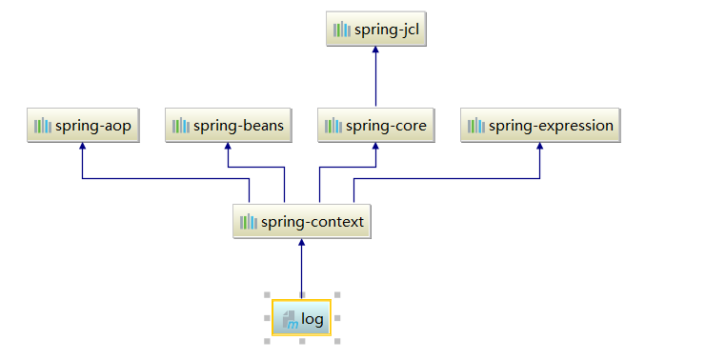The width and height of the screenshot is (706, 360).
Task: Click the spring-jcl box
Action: coord(375,30)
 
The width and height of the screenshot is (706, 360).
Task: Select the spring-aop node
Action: coord(83,126)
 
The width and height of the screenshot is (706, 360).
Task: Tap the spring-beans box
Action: coord(228,126)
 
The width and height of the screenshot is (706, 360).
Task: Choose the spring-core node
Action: coord(375,126)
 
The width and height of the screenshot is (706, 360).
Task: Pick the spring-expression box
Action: coord(540,126)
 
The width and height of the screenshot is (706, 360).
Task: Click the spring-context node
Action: coord(301,222)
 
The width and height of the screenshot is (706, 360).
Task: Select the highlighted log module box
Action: coord(301,319)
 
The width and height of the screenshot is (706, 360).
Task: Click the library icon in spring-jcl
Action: coord(341,30)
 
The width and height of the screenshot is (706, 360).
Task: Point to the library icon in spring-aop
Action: coord(42,126)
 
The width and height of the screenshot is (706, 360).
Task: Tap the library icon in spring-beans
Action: coord(180,126)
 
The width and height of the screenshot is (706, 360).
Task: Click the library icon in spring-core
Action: coord(333,126)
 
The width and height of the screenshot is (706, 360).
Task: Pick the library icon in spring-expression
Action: coord(475,126)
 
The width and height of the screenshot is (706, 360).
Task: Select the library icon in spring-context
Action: coord(249,222)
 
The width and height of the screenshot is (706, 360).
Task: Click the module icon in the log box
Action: coord(291,320)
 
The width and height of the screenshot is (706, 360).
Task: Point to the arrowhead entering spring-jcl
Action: coord(375,50)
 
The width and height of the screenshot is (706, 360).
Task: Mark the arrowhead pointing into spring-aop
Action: coord(83,147)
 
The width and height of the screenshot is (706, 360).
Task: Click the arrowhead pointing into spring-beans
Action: coord(228,147)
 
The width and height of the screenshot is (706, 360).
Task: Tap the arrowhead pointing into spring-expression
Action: coord(540,147)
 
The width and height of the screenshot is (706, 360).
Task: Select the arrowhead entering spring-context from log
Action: coord(301,243)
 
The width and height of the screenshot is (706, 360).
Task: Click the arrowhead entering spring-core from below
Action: coord(375,147)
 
